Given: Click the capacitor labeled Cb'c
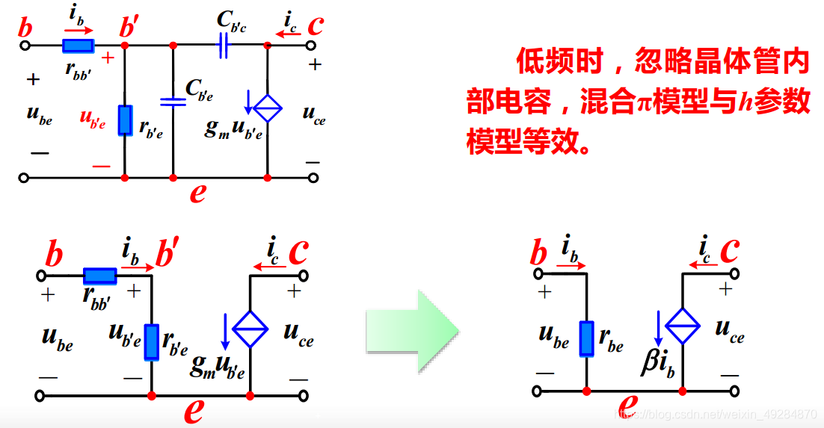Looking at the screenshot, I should (x=222, y=46).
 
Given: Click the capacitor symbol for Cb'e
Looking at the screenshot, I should (x=173, y=102).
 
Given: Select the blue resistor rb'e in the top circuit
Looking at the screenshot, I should (x=125, y=120).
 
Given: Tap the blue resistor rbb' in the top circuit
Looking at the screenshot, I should (x=78, y=46).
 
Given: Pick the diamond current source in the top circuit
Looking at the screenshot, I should (x=268, y=109).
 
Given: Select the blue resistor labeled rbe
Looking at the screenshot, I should (x=586, y=338).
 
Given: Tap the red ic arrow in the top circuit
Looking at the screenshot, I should (x=287, y=32).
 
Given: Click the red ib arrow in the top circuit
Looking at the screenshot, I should (x=79, y=31).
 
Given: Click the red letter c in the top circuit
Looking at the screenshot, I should (x=315, y=25).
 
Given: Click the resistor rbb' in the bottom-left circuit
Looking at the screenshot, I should (x=99, y=276).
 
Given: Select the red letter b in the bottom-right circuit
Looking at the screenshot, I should (x=538, y=254).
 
